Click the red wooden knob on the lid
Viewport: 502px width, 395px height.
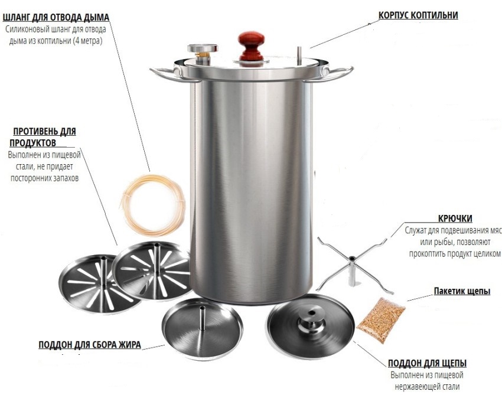[x=251, y=45]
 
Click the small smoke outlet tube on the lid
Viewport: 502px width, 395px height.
[x=299, y=56]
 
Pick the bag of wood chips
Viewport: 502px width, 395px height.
[x=381, y=319]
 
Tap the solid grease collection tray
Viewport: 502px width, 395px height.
[x=202, y=329]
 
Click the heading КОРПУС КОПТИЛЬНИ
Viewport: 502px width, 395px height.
[x=418, y=15]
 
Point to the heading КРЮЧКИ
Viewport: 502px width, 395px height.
[x=455, y=218]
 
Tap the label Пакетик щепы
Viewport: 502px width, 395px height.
[x=462, y=291]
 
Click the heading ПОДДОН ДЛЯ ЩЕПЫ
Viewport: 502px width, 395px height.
[x=427, y=363]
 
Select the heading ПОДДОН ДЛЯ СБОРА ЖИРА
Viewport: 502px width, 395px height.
[x=90, y=344]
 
